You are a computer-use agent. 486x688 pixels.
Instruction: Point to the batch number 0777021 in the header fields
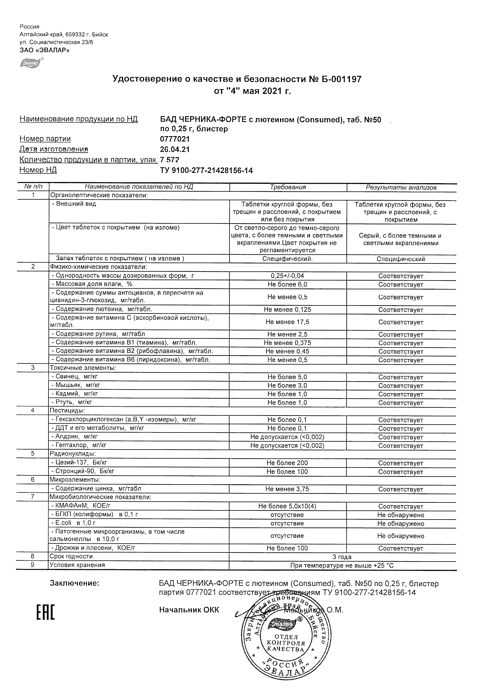coord(175,139)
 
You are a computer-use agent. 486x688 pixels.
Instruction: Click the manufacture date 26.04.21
coord(175,149)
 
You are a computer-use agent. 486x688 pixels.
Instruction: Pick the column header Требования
coord(288,187)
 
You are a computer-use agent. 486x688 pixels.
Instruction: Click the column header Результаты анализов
coord(401,188)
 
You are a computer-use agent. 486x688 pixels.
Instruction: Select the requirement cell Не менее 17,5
coord(287,322)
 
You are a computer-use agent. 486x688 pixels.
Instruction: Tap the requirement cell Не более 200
coord(287,463)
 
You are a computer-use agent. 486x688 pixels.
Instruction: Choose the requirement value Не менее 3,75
coord(287,489)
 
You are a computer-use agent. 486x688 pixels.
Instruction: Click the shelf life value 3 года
coord(342,557)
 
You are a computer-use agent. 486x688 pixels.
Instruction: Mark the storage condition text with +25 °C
coord(342,566)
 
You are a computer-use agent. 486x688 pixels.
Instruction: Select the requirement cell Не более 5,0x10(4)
coord(287,506)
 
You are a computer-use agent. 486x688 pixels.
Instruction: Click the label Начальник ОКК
coord(189,610)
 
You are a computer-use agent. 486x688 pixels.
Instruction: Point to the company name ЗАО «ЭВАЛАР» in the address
coord(45,50)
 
